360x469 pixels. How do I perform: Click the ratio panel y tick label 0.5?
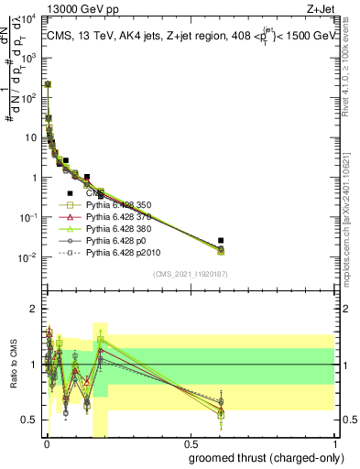30,420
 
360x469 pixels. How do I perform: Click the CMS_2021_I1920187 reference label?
189,273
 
